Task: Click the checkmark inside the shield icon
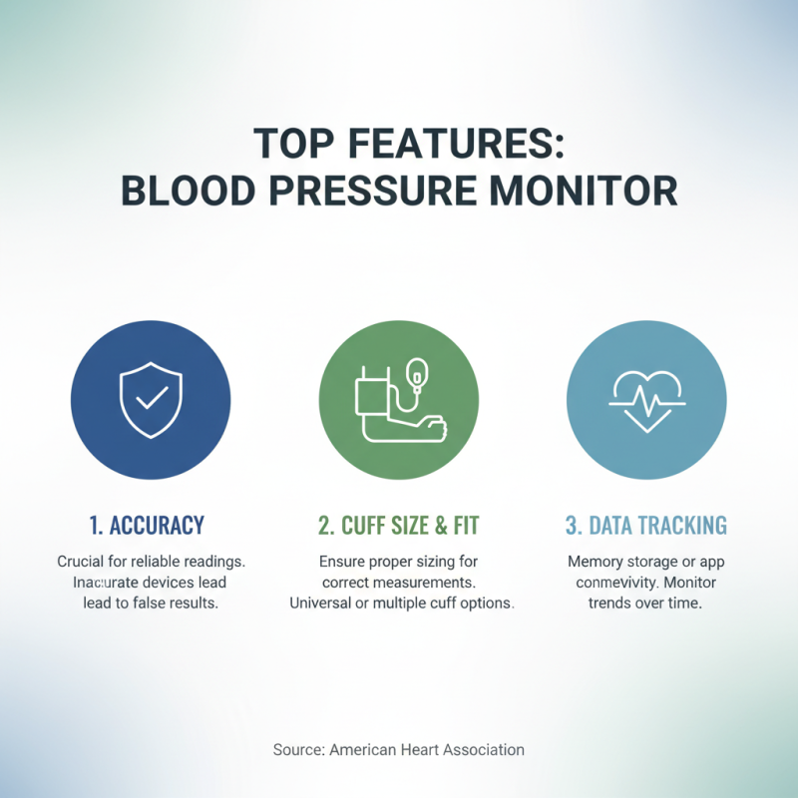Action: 152,398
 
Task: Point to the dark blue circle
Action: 152,399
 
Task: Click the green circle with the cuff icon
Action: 399,399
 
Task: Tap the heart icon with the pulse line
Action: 645,399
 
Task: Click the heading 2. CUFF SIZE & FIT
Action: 399,525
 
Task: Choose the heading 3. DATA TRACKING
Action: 645,525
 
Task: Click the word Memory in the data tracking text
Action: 597,563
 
